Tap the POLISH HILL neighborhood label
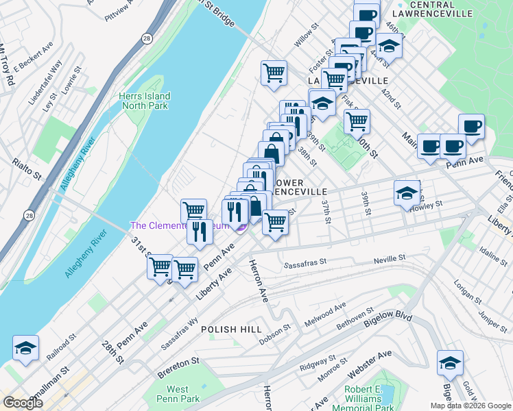coord(231,329)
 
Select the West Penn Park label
coord(177,395)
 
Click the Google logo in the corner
coord(23,403)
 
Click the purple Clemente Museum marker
coord(240,227)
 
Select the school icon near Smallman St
coord(25,349)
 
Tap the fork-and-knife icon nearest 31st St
coord(200,231)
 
